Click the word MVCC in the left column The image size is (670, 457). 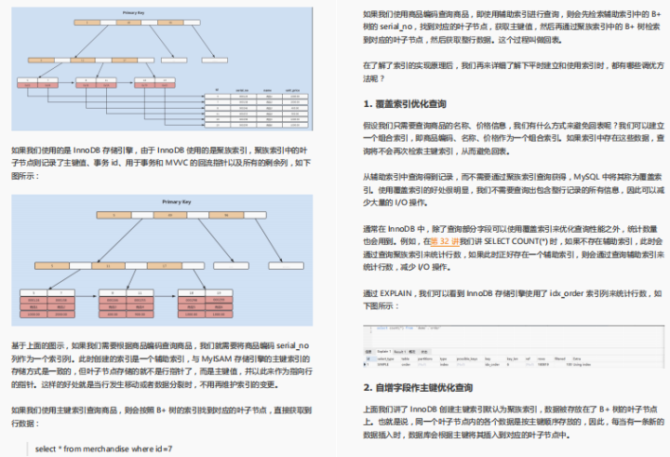pyautogui.click(x=201, y=161)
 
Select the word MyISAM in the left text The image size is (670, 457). pyautogui.click(x=241, y=356)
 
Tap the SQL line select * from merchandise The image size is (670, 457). pyautogui.click(x=103, y=448)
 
